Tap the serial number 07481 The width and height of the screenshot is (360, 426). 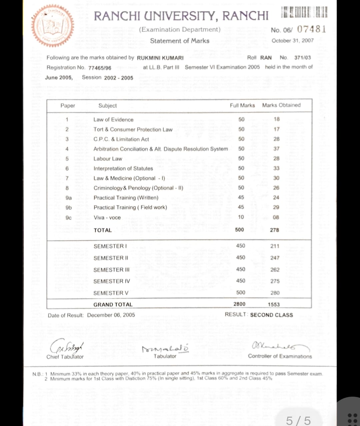pos(311,29)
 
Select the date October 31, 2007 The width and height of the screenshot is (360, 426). pos(292,41)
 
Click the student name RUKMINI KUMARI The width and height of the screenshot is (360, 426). pos(160,58)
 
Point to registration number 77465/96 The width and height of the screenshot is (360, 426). pos(100,68)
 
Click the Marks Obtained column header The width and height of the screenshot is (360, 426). pos(281,105)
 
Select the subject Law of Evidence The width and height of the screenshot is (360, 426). pos(113,120)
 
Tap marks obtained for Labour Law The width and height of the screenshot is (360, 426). pos(276,159)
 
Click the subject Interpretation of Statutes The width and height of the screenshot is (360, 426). pos(123,169)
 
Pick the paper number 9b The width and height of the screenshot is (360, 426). pos(69,207)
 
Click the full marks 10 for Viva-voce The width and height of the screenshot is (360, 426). pos(241,217)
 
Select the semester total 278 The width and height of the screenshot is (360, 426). pos(274,230)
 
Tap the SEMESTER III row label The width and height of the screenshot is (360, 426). pos(111,270)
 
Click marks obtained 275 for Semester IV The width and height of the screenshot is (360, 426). pos(275,281)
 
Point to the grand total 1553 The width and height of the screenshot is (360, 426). pos(274,304)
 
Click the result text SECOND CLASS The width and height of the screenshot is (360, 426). pos(271,315)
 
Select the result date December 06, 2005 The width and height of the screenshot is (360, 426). pos(111,315)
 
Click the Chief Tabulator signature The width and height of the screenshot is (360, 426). pos(66,347)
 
